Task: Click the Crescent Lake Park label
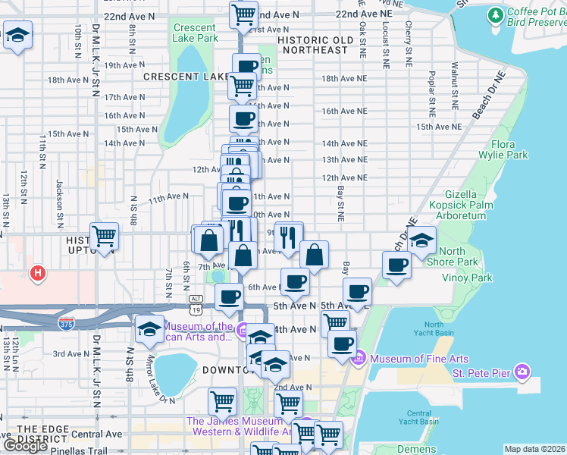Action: pyautogui.click(x=195, y=33)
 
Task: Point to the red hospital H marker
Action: pyautogui.click(x=36, y=272)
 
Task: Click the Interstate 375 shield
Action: pyautogui.click(x=66, y=323)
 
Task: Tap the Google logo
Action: pyautogui.click(x=25, y=446)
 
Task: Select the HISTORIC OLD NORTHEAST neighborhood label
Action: pyautogui.click(x=315, y=45)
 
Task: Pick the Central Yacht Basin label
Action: pyautogui.click(x=417, y=416)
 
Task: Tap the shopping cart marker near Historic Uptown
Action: pyautogui.click(x=104, y=236)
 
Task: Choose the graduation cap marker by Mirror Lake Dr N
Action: pyautogui.click(x=149, y=329)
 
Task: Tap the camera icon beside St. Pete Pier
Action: pyautogui.click(x=522, y=372)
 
